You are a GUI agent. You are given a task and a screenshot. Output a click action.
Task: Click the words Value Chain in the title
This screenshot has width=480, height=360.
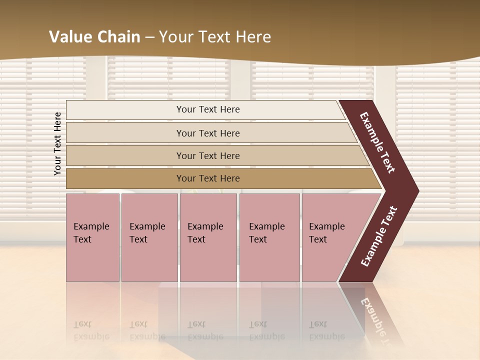tap(94, 37)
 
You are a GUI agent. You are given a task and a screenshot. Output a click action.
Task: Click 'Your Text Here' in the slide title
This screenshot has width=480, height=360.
tap(215, 37)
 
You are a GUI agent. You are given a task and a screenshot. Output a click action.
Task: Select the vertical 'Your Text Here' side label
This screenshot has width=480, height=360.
tap(57, 143)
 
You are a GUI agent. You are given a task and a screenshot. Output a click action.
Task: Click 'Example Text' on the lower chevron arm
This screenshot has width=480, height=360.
tap(379, 236)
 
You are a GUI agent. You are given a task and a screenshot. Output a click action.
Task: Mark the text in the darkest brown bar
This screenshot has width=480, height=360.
tap(208, 178)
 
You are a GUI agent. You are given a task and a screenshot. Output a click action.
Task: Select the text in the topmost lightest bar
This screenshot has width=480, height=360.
tap(208, 109)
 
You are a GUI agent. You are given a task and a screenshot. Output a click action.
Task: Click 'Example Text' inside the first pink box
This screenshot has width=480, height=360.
tap(91, 232)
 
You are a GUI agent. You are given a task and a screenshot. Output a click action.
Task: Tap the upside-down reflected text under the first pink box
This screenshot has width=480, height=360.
tap(91, 330)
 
